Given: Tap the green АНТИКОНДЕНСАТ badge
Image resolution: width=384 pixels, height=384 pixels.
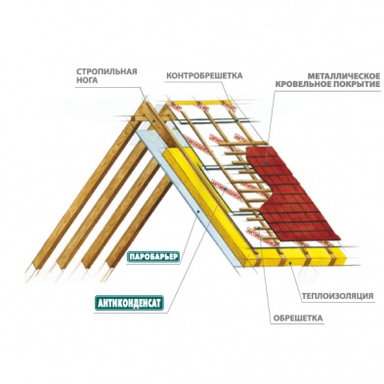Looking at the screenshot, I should (x=132, y=302).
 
